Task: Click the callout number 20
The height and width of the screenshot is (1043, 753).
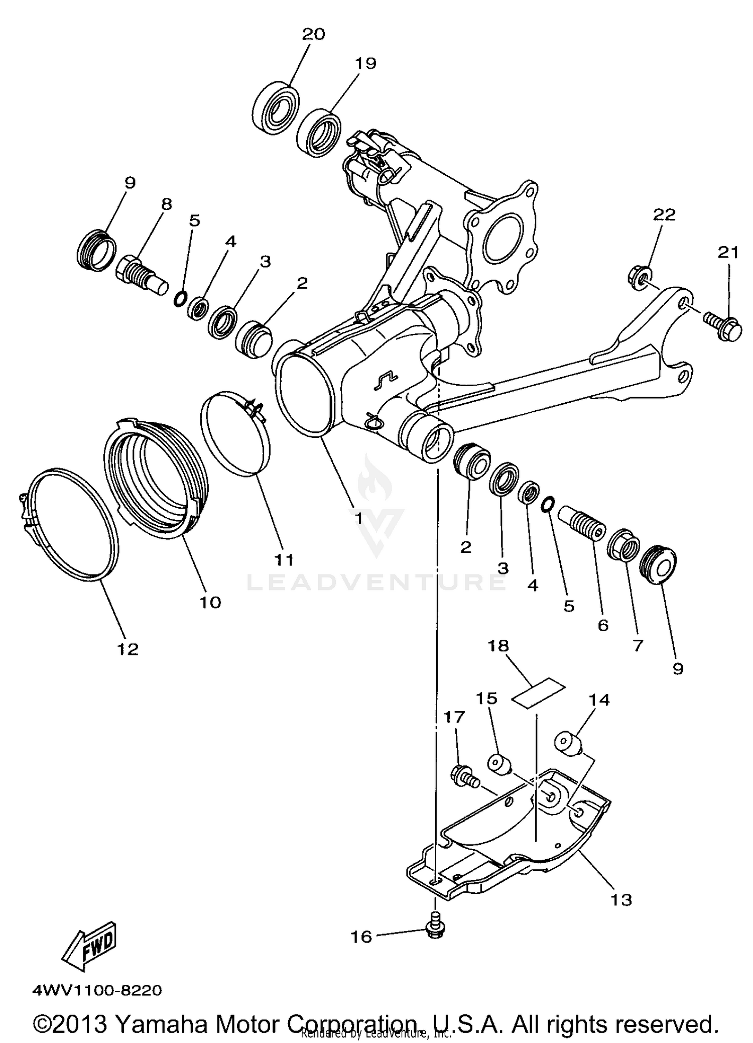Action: (313, 35)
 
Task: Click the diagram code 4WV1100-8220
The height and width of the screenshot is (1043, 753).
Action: (97, 990)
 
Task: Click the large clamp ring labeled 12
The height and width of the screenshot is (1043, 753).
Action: (70, 525)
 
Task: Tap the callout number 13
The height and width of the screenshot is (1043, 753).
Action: (621, 900)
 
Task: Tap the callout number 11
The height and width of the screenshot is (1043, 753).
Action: (284, 559)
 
